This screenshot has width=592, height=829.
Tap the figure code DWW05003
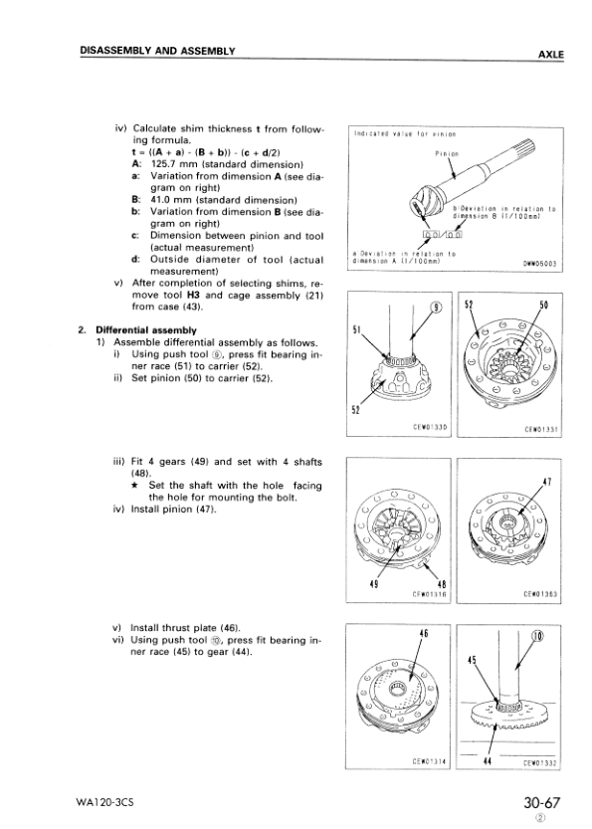point(540,264)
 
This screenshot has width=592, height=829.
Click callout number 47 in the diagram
point(545,481)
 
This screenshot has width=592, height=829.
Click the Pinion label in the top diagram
point(447,154)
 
